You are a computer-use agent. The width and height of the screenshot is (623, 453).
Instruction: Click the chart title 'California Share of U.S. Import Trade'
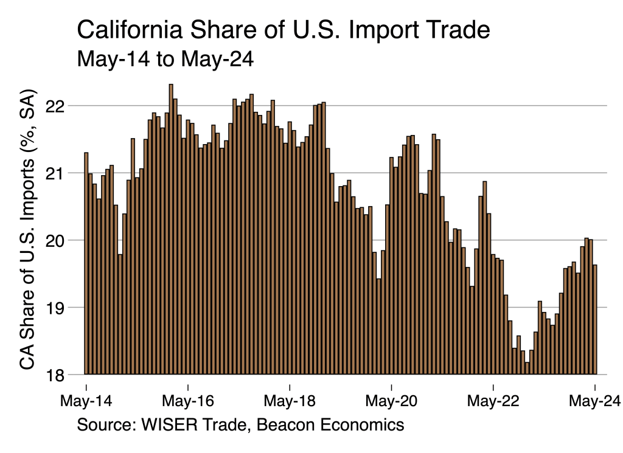(284, 30)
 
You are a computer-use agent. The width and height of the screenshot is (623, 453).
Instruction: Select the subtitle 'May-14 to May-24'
(165, 60)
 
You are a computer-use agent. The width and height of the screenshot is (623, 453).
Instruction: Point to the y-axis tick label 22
(56, 106)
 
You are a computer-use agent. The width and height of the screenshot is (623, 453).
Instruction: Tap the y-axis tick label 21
(56, 173)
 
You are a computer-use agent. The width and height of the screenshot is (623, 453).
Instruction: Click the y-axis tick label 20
(56, 240)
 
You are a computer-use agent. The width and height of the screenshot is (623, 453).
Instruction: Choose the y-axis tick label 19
(56, 308)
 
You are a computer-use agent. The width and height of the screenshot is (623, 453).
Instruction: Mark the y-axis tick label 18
(56, 375)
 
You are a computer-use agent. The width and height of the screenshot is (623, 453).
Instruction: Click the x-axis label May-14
(86, 401)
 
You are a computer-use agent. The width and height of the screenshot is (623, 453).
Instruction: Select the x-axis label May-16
(189, 401)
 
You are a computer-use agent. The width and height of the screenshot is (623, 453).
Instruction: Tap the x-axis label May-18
(290, 401)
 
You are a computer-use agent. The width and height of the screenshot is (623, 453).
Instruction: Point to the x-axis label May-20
(392, 401)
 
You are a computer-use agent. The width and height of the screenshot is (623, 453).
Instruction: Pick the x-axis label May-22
(493, 401)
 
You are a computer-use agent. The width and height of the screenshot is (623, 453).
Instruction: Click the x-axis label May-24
(595, 401)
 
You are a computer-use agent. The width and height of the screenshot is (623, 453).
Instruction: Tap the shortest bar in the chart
(527, 368)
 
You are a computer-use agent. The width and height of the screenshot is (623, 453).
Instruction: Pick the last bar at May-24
(595, 319)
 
